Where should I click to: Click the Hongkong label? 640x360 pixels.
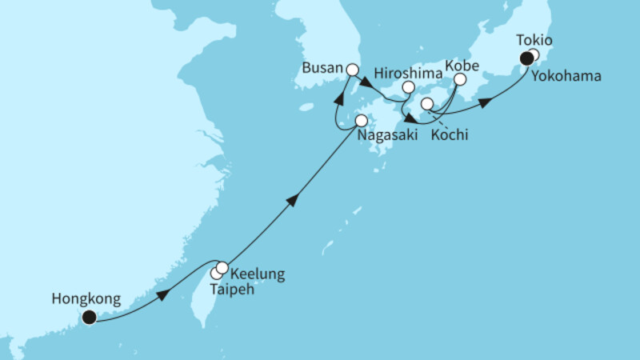coord(86,299)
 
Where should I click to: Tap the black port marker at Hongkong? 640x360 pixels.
coord(89,318)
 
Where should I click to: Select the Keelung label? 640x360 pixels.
coord(257,275)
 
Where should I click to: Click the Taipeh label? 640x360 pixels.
coord(233,290)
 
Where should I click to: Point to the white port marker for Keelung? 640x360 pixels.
coord(222,268)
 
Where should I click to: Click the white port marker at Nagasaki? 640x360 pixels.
coord(361,121)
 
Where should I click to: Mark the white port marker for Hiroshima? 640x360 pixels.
coord(408,87)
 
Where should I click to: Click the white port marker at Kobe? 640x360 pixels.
coord(460,79)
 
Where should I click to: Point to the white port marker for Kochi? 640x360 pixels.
coord(426,104)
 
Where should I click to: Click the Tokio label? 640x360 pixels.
coord(534,40)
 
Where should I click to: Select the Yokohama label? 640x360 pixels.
coord(564,76)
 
